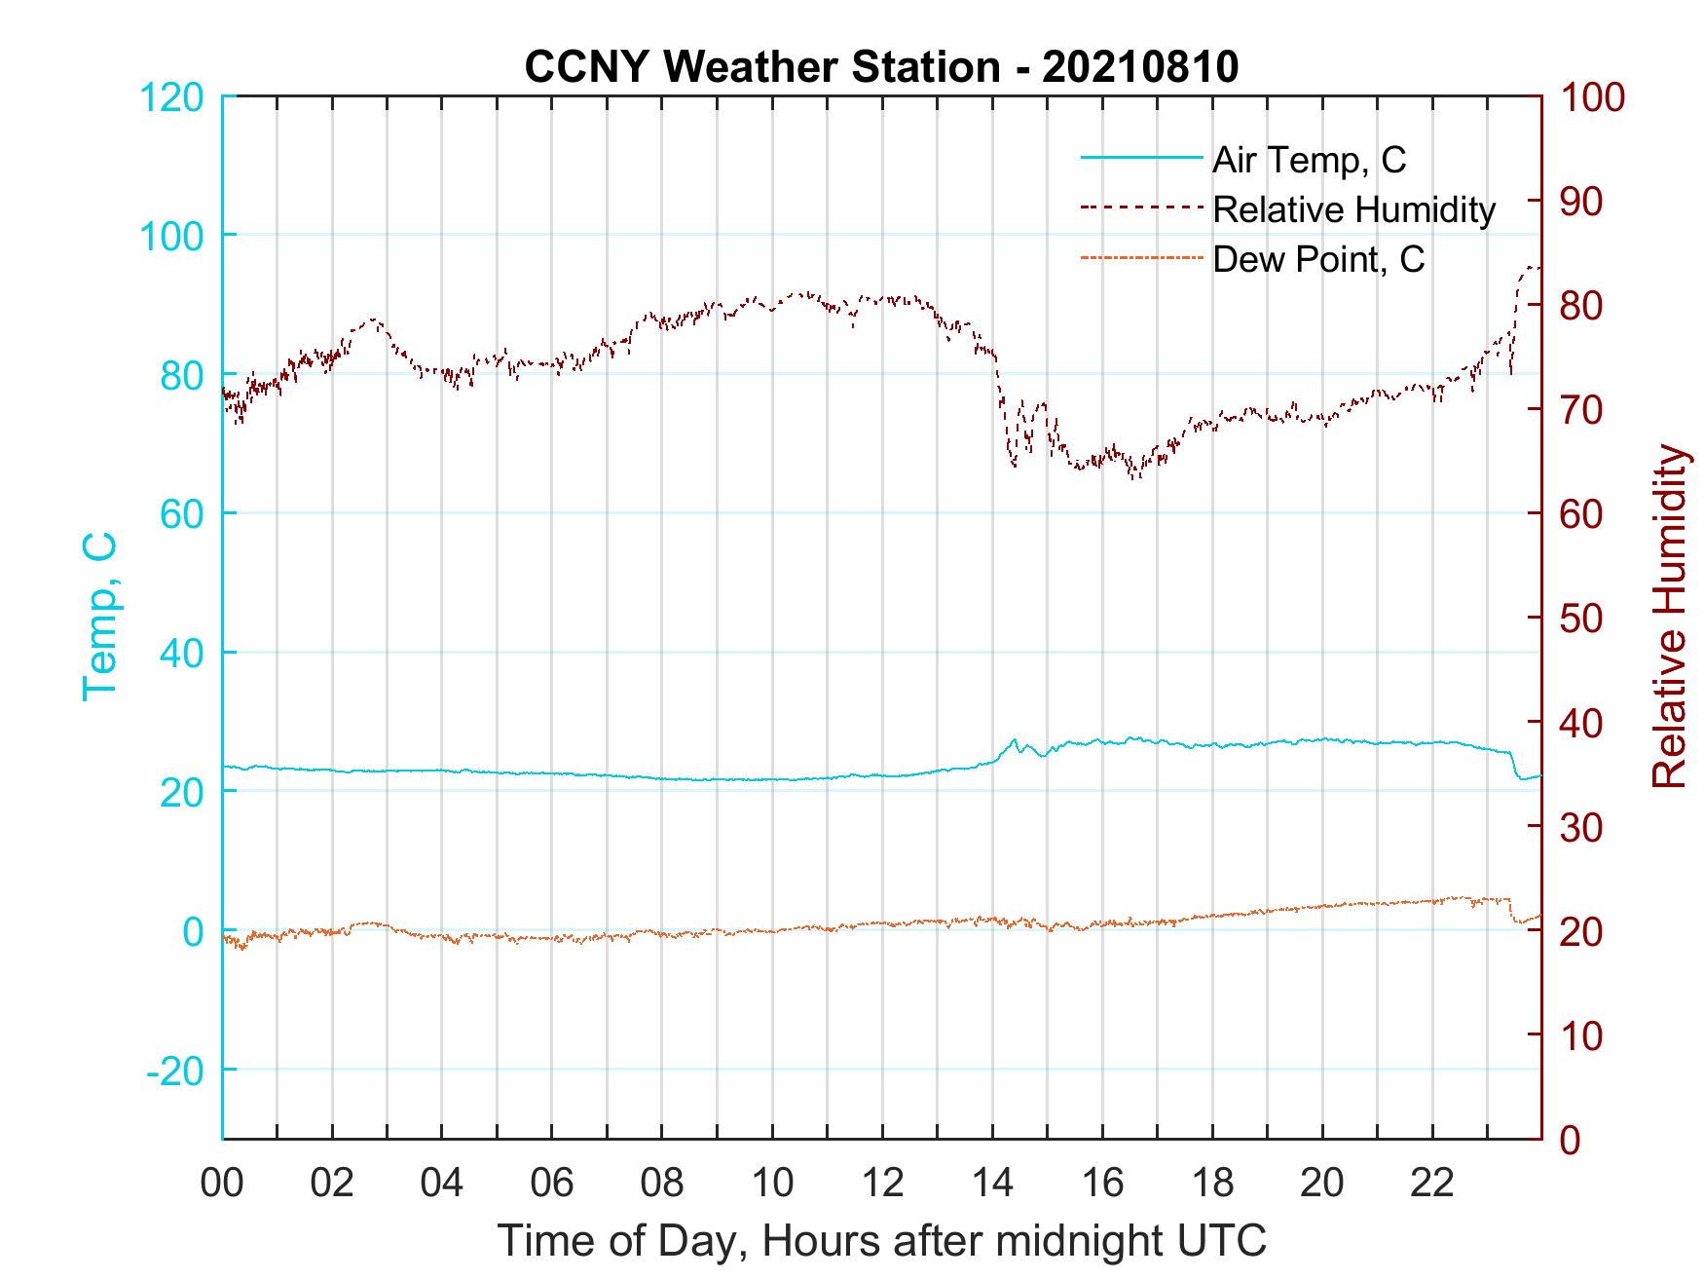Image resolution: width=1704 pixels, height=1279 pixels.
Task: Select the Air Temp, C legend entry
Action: click(x=1309, y=159)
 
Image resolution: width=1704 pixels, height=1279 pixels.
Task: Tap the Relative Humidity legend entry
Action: click(x=1353, y=209)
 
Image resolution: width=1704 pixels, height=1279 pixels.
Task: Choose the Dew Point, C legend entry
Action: click(x=1318, y=260)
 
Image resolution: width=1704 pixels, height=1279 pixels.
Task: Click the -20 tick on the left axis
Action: click(x=175, y=1071)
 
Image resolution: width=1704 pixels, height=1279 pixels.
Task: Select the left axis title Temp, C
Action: click(x=99, y=617)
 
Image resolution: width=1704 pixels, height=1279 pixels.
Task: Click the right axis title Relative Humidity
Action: click(x=1669, y=617)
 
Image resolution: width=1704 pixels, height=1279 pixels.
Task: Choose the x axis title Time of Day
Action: click(x=882, y=1241)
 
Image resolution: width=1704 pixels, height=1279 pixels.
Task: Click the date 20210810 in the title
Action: click(x=1140, y=67)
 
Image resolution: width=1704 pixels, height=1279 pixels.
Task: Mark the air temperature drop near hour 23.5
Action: click(x=1514, y=767)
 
